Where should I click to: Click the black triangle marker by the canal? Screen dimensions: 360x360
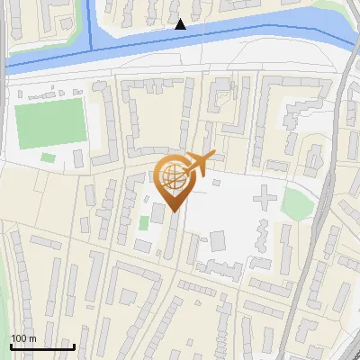click(181, 24)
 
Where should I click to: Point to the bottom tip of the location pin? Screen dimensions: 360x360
click(172, 212)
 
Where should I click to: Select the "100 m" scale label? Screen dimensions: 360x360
click(23, 338)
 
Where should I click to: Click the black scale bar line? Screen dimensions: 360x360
click(42, 346)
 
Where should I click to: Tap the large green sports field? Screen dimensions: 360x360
click(50, 123)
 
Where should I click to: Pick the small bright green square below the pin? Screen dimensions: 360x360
click(144, 222)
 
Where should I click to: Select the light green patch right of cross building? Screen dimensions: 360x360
click(296, 202)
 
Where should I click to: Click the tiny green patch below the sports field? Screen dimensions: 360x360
click(47, 158)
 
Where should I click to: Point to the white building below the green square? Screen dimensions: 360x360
click(142, 245)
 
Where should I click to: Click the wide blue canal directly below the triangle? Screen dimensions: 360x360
click(180, 45)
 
